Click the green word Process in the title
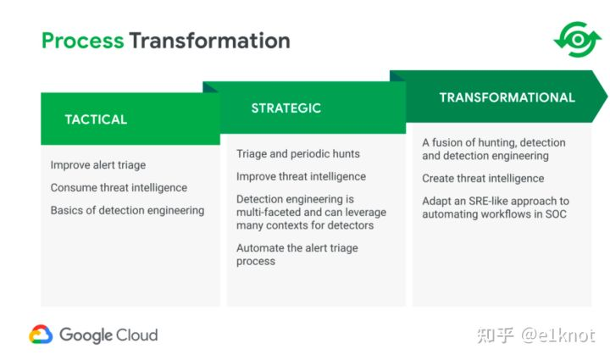(x=82, y=42)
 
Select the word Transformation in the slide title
(x=210, y=41)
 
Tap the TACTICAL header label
(x=96, y=119)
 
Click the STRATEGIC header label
(x=286, y=108)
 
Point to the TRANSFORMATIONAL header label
(x=507, y=97)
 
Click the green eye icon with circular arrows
(x=578, y=39)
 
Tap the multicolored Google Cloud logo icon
(x=41, y=335)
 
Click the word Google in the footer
(x=86, y=335)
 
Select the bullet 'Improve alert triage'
(x=98, y=165)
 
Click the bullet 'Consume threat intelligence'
(x=119, y=188)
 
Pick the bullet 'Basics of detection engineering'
(x=127, y=210)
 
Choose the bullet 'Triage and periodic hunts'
(x=298, y=154)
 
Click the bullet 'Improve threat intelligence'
(x=301, y=176)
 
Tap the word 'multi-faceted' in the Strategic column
(x=269, y=213)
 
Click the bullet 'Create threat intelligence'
(x=483, y=179)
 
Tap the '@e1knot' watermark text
(x=558, y=335)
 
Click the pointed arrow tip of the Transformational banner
(x=607, y=97)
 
